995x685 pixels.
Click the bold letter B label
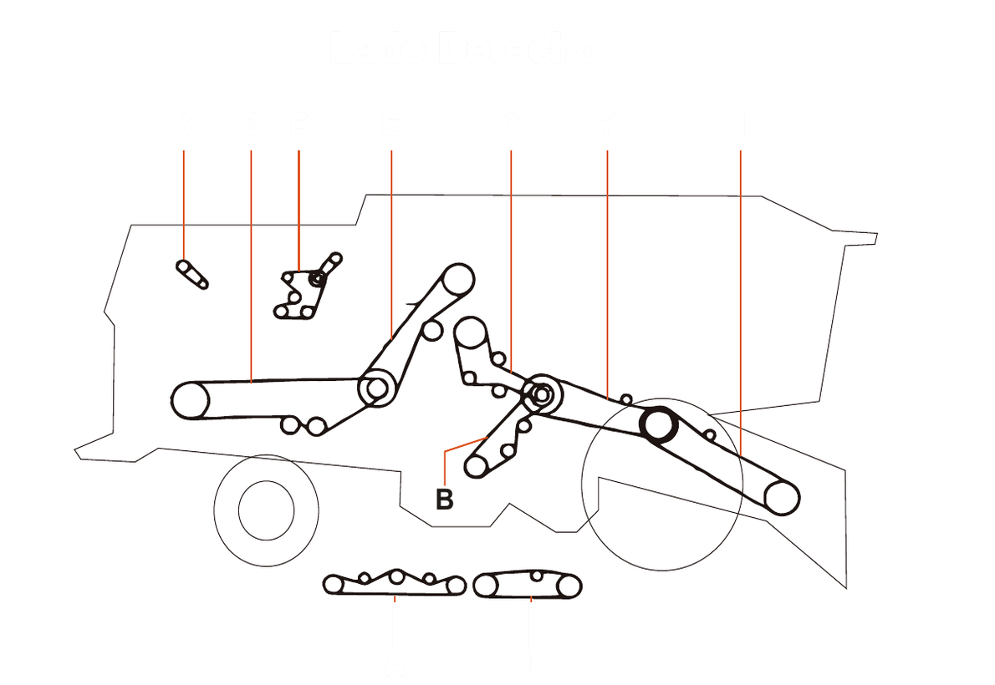[445, 500]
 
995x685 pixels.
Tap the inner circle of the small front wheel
[266, 510]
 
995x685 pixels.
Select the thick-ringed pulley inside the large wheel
[658, 424]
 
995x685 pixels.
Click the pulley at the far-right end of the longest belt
[782, 497]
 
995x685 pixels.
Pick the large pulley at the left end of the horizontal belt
[190, 400]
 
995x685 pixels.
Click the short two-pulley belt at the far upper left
[192, 274]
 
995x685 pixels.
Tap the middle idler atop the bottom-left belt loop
[397, 576]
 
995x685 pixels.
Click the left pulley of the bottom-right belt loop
[485, 586]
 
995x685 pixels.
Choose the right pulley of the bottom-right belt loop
[570, 587]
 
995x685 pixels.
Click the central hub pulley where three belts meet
[541, 393]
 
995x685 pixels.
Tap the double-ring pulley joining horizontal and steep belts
[376, 388]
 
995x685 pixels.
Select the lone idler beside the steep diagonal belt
[431, 331]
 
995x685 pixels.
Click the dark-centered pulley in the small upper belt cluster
[317, 279]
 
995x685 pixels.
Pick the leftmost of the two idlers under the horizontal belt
[290, 425]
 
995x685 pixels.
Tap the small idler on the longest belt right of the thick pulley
[710, 435]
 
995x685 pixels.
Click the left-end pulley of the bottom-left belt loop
[334, 585]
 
